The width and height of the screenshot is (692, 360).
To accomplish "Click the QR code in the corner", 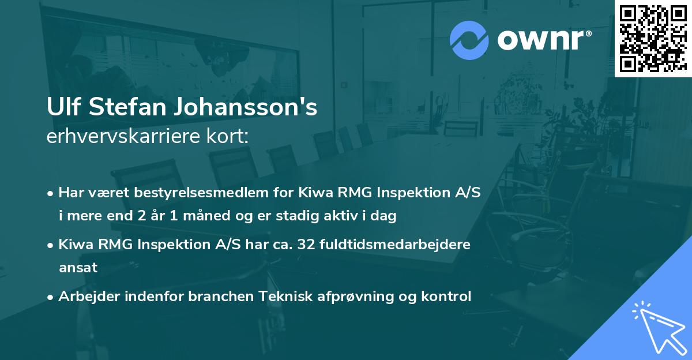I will pyautogui.click(x=653, y=39).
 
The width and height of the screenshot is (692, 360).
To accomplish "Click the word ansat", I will pyautogui.click(x=78, y=268).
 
